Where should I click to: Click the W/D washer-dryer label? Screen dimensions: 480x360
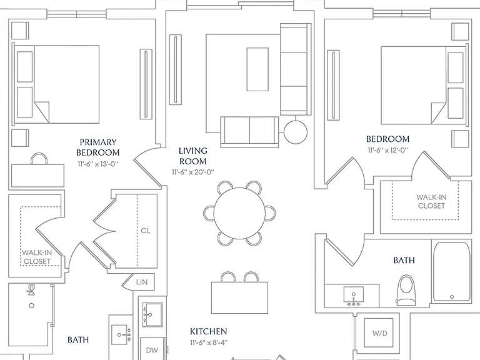(x=379, y=333)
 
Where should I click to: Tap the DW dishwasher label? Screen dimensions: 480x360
(x=152, y=350)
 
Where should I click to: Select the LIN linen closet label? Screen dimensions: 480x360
(x=142, y=282)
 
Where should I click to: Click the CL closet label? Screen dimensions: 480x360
(x=146, y=231)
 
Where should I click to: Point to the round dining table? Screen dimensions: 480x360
(x=239, y=213)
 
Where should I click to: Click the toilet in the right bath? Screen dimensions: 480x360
(x=406, y=290)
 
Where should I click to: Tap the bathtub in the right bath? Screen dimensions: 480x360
(x=452, y=272)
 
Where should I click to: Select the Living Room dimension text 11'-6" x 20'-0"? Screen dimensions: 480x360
(x=192, y=172)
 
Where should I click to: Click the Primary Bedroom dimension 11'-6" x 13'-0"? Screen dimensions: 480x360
(x=97, y=164)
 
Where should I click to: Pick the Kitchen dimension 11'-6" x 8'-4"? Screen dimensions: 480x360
(x=209, y=342)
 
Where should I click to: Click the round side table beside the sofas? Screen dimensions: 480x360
(x=296, y=132)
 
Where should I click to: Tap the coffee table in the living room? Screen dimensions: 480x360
(x=257, y=69)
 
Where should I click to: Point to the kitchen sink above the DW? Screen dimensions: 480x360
(x=152, y=315)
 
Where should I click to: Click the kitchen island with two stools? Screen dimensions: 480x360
(x=240, y=297)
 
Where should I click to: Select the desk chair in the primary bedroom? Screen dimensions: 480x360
(x=39, y=159)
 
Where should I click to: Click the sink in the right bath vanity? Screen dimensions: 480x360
(x=354, y=296)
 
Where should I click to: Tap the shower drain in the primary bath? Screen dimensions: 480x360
(x=31, y=305)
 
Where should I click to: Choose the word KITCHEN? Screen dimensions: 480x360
(x=209, y=331)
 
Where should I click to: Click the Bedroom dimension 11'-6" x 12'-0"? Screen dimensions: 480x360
(x=388, y=151)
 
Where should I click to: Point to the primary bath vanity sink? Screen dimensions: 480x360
(x=121, y=335)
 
